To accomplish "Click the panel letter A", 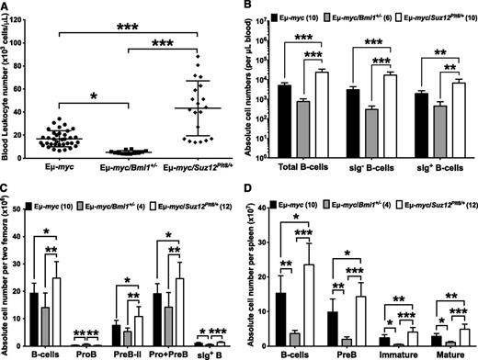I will click(x=6, y=7).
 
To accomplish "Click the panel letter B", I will click(x=248, y=7).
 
